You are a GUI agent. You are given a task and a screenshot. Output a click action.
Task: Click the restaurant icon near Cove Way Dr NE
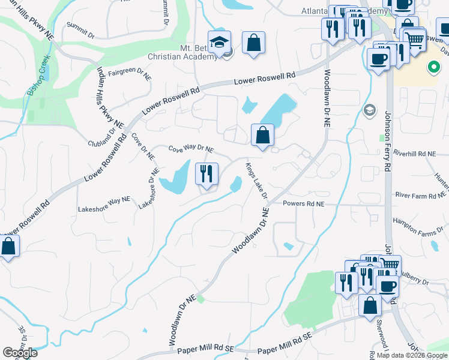206,175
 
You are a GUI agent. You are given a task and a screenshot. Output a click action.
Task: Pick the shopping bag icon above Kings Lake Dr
262,135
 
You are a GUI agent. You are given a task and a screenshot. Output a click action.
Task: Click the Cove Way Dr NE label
191,149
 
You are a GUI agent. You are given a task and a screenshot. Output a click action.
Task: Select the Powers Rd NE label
303,204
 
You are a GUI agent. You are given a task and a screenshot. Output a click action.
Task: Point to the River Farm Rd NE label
420,194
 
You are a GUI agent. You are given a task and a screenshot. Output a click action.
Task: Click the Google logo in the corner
20,352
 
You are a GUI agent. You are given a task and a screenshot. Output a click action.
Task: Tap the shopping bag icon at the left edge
8,246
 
